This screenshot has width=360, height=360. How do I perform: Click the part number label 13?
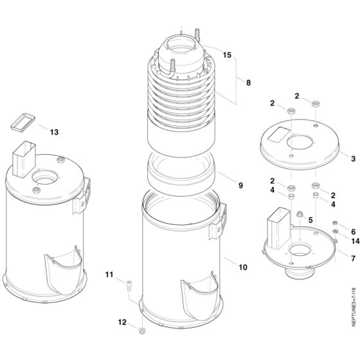click(54, 132)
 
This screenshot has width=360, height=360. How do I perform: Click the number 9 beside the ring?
click(240, 186)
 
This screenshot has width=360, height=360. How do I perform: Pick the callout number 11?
click(109, 275)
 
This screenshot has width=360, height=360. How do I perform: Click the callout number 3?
click(353, 157)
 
